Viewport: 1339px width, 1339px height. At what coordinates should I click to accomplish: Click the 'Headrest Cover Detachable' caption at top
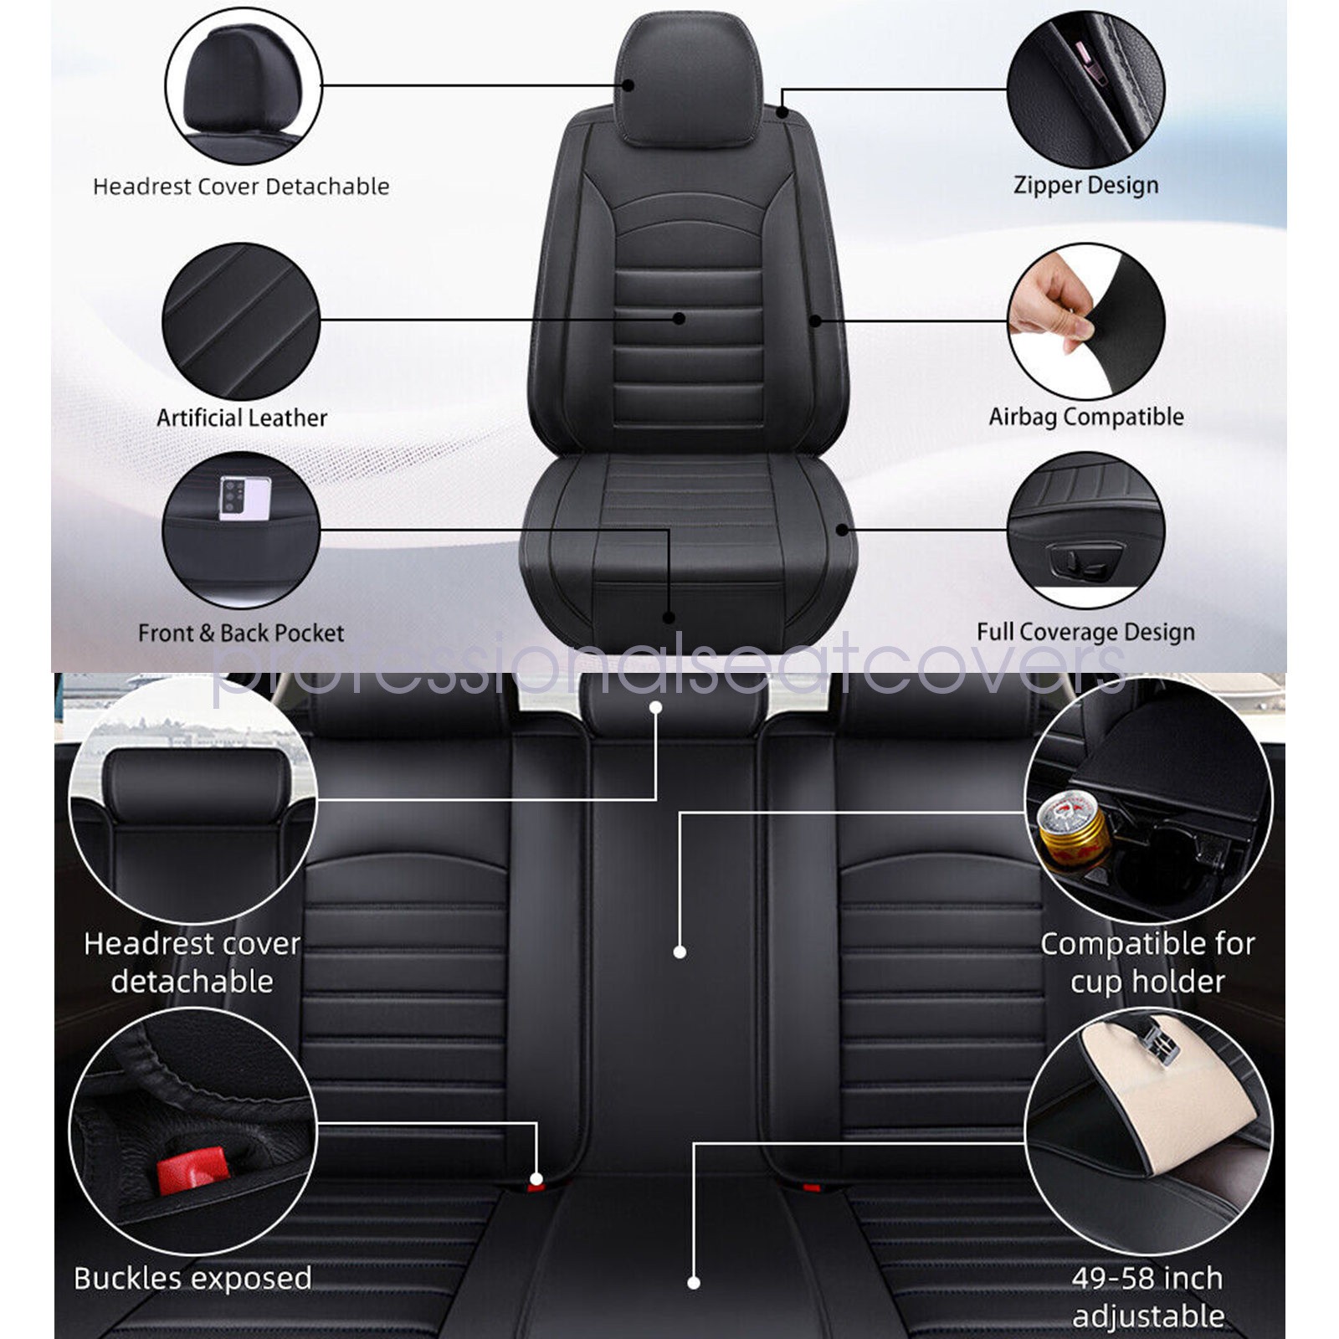click(x=241, y=186)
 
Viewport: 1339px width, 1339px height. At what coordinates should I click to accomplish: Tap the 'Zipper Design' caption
click(x=1085, y=185)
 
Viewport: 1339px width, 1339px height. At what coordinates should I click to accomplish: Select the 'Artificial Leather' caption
click(x=242, y=417)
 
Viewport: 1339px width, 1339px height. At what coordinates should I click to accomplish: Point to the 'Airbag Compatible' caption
click(x=1085, y=416)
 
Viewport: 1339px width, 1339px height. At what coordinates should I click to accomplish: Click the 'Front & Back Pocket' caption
click(x=241, y=633)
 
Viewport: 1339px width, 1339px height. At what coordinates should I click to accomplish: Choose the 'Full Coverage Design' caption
click(x=1085, y=632)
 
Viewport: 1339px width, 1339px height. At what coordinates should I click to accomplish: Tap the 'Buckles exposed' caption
click(x=192, y=1278)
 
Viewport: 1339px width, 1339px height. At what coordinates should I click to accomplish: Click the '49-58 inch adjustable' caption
click(x=1147, y=1296)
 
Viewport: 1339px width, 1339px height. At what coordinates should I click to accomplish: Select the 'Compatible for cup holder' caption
click(x=1147, y=962)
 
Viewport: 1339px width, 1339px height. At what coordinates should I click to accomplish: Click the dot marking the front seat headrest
click(x=628, y=85)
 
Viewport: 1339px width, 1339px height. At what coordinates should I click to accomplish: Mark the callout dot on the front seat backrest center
click(x=680, y=319)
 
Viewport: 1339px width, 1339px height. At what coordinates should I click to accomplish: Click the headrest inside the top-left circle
click(x=242, y=84)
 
